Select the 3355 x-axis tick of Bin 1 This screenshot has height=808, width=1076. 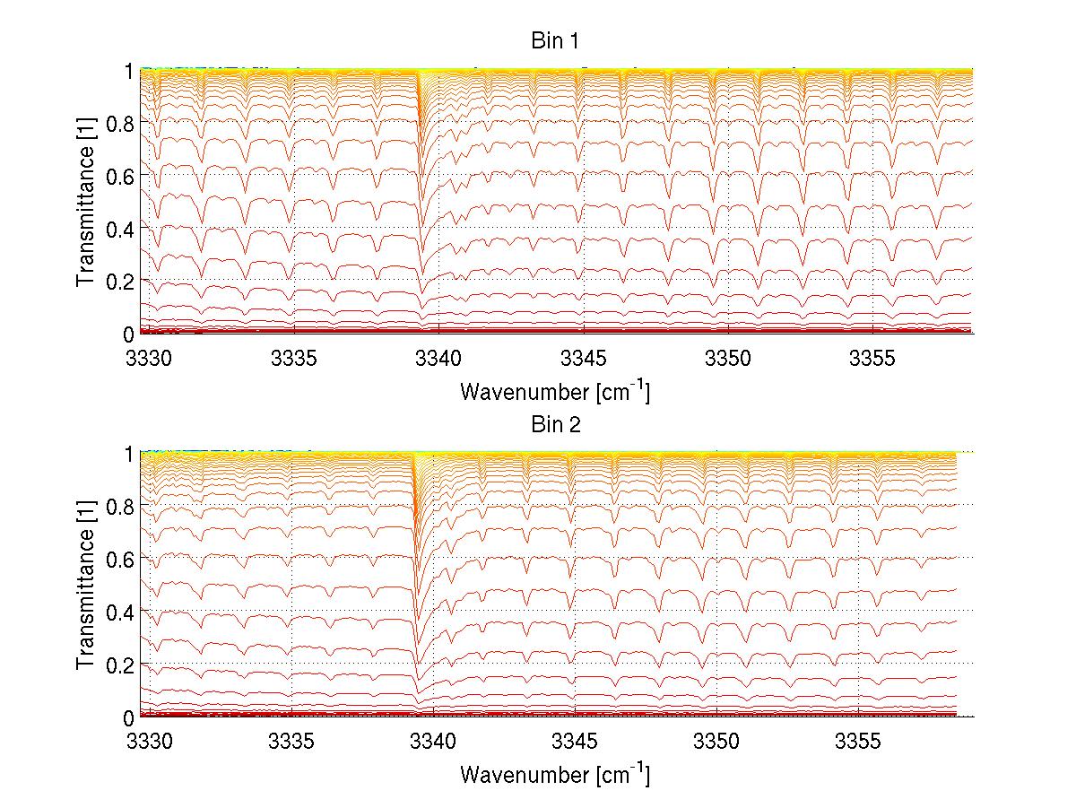coord(873,360)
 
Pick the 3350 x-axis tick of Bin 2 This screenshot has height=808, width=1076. coord(716,743)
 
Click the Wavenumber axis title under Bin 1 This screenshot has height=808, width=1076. coord(555,391)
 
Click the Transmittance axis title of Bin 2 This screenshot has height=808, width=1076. coord(86,585)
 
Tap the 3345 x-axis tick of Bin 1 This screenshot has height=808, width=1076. coord(584,360)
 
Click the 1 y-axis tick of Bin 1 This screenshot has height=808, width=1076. coord(129,69)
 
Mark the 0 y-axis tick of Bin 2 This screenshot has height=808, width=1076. coord(129,717)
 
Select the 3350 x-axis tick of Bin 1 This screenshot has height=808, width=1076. coord(728,360)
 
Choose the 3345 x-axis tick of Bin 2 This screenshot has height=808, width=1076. coord(575,743)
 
